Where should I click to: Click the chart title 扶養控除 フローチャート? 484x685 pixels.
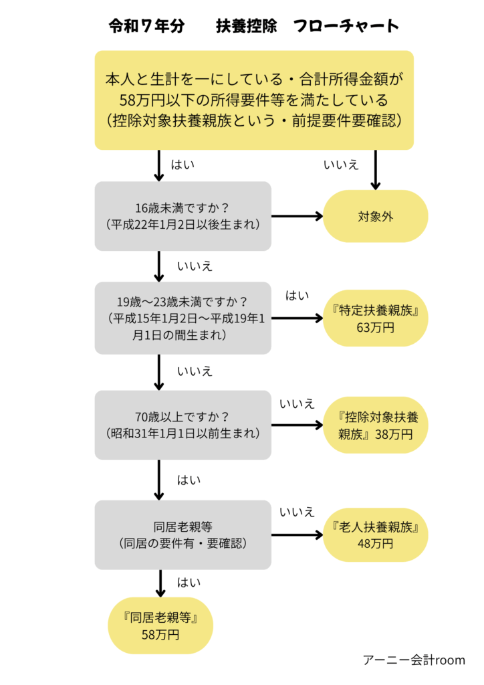point(308,27)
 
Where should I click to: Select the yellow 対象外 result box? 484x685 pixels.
point(375,216)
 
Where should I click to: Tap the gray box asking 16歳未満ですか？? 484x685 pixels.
point(183,216)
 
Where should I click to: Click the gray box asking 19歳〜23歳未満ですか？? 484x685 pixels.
point(183,318)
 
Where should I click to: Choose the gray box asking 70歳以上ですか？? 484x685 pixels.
point(183,425)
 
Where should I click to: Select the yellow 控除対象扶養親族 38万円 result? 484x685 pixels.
point(375,425)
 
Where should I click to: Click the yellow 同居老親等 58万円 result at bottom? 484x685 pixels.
point(160,625)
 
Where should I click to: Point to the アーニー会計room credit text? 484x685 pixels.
point(414,660)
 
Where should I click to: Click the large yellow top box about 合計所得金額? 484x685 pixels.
point(254,100)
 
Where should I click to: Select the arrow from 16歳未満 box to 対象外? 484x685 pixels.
point(297,216)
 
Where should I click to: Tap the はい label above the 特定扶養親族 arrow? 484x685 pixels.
point(297,295)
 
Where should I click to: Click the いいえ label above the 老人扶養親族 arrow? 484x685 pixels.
point(297,512)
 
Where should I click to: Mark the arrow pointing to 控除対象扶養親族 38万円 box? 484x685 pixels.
point(297,425)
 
